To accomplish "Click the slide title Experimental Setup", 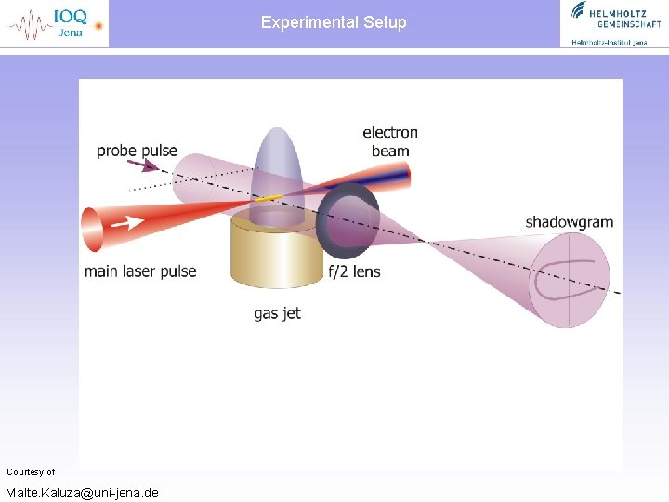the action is click(334, 22).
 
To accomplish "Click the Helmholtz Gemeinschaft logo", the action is click(610, 22).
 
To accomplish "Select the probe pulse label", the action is click(137, 151).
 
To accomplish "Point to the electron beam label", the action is click(390, 141).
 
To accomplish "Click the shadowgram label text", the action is click(569, 222).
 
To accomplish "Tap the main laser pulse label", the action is click(140, 271).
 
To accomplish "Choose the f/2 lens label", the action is click(354, 271).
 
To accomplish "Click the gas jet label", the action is click(277, 313).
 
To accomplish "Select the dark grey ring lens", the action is click(348, 221).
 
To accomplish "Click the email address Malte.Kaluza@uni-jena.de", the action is click(82, 492).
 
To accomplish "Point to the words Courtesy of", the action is click(31, 472).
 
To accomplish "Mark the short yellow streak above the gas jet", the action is click(268, 198).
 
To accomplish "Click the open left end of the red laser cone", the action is click(91, 230).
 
